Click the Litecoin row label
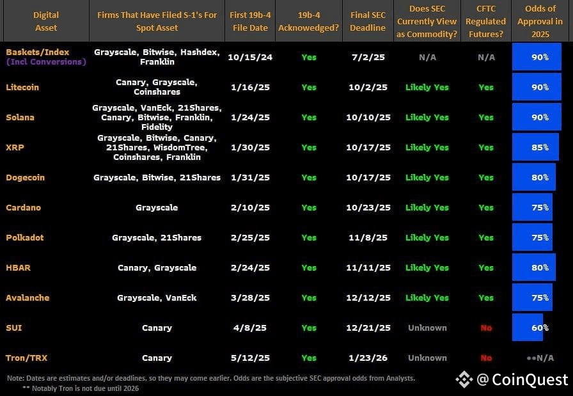pyautogui.click(x=22, y=87)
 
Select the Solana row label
pyautogui.click(x=20, y=117)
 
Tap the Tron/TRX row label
pyautogui.click(x=26, y=358)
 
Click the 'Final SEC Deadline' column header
pyautogui.click(x=368, y=21)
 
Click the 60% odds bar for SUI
pyautogui.click(x=528, y=328)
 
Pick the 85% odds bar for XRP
pyautogui.click(x=535, y=147)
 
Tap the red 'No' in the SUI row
pyautogui.click(x=486, y=328)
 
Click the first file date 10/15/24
pyautogui.click(x=250, y=57)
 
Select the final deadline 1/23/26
pyautogui.click(x=368, y=358)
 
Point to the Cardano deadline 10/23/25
pyautogui.click(x=368, y=207)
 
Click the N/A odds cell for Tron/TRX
pyautogui.click(x=541, y=358)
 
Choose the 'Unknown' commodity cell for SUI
pyautogui.click(x=427, y=328)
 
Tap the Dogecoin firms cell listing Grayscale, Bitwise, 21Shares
pyautogui.click(x=157, y=177)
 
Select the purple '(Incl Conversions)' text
pyautogui.click(x=45, y=62)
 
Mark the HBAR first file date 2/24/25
pyautogui.click(x=250, y=267)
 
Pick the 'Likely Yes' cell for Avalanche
pyautogui.click(x=427, y=297)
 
